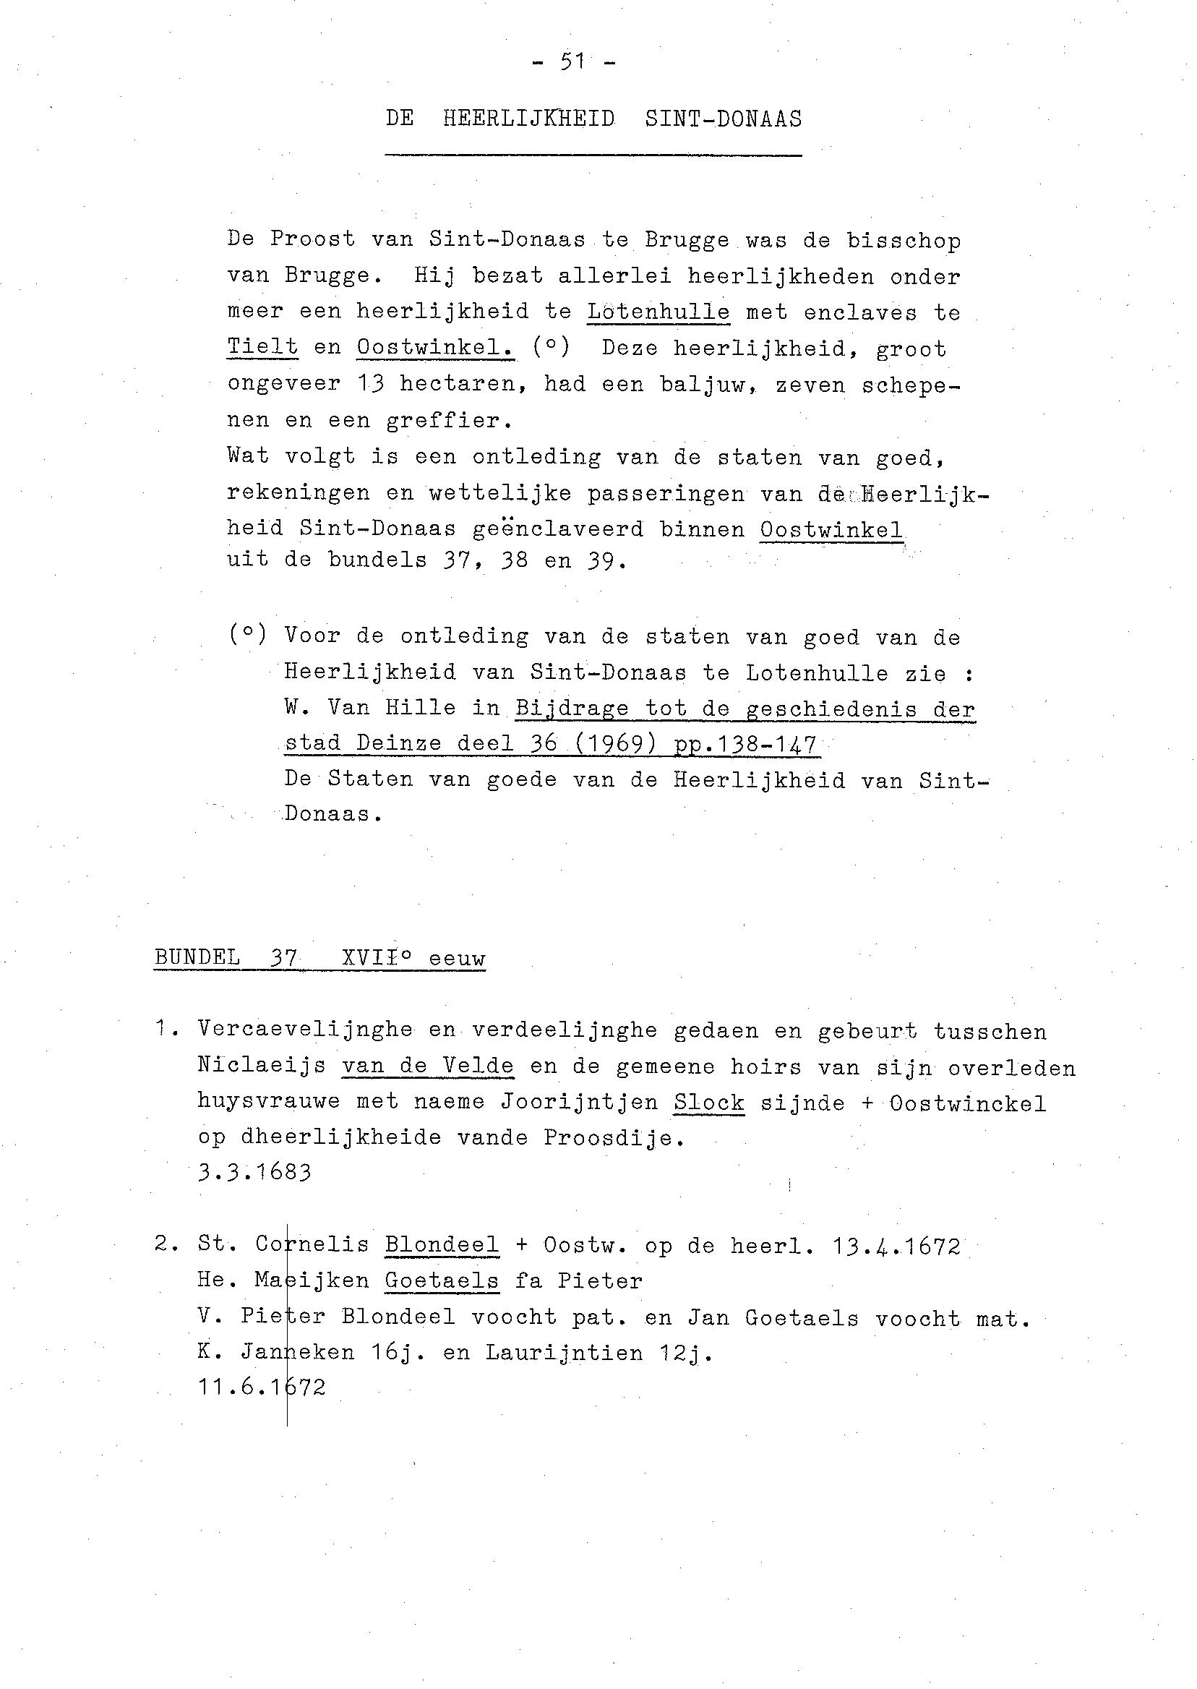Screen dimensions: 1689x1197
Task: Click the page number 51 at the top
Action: [572, 63]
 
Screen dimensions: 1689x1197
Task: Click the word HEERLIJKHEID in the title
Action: [528, 119]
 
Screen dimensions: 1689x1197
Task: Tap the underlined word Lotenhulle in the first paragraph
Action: [658, 312]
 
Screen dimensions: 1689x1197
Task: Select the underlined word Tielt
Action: [262, 347]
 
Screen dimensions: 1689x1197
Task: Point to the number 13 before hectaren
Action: [371, 384]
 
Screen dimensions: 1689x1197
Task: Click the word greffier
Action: [448, 421]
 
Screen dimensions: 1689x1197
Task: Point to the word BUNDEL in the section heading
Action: [197, 959]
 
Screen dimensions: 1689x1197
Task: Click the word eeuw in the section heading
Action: [457, 959]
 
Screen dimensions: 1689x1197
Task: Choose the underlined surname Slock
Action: [708, 1103]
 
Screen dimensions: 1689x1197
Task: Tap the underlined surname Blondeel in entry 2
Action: [442, 1245]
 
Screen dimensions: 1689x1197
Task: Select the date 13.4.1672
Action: [896, 1247]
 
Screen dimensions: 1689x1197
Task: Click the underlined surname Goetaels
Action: [442, 1281]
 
